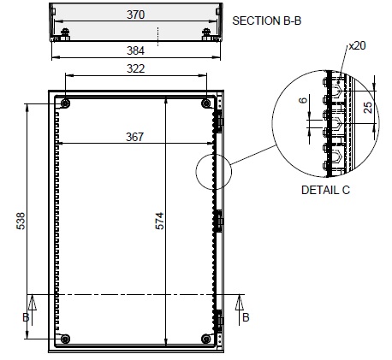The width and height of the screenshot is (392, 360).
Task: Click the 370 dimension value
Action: [135, 15]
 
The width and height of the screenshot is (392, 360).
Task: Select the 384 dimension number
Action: [135, 50]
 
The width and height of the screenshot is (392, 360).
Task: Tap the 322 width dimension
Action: [135, 68]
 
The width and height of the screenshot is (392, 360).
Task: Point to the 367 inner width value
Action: [134, 137]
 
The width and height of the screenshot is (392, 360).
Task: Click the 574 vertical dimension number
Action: [160, 221]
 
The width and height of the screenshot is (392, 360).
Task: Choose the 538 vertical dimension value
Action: [21, 221]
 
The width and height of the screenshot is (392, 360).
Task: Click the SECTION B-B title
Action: [266, 21]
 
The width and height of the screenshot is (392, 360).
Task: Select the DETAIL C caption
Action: [325, 190]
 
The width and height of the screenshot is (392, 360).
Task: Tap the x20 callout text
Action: [357, 45]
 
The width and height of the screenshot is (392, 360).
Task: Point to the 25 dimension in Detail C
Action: [368, 108]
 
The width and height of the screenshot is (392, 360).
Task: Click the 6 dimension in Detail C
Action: [303, 100]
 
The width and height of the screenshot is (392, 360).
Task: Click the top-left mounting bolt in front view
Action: [65, 103]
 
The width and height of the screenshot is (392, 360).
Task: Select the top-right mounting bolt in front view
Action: [206, 103]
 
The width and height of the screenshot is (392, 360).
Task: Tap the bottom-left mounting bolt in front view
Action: [65, 339]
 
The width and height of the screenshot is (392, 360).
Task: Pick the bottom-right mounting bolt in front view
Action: [206, 339]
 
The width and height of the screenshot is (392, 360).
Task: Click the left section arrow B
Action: [32, 310]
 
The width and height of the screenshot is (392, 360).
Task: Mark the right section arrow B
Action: [239, 310]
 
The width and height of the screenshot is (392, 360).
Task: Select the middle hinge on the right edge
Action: [220, 221]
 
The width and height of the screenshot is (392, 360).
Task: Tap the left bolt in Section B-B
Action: [65, 34]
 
